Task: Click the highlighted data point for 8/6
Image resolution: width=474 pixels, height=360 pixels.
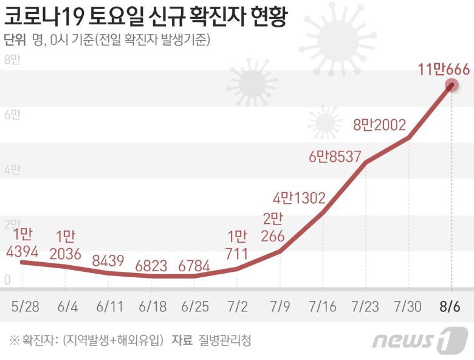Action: coord(452,86)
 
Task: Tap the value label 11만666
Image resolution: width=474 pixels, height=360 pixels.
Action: coord(443,69)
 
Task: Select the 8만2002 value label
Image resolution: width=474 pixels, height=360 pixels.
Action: coord(379,125)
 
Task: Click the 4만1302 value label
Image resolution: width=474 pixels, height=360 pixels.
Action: coord(299,198)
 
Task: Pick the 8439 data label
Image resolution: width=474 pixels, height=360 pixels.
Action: coord(109,261)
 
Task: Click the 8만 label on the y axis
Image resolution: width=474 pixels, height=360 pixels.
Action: coord(12,60)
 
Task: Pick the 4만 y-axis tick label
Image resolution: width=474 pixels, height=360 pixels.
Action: coord(12,170)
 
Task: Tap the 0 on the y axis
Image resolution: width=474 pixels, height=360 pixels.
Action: coord(7,280)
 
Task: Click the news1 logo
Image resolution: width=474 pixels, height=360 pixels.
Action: coord(419,340)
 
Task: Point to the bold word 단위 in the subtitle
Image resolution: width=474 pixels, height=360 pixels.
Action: coord(15,40)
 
